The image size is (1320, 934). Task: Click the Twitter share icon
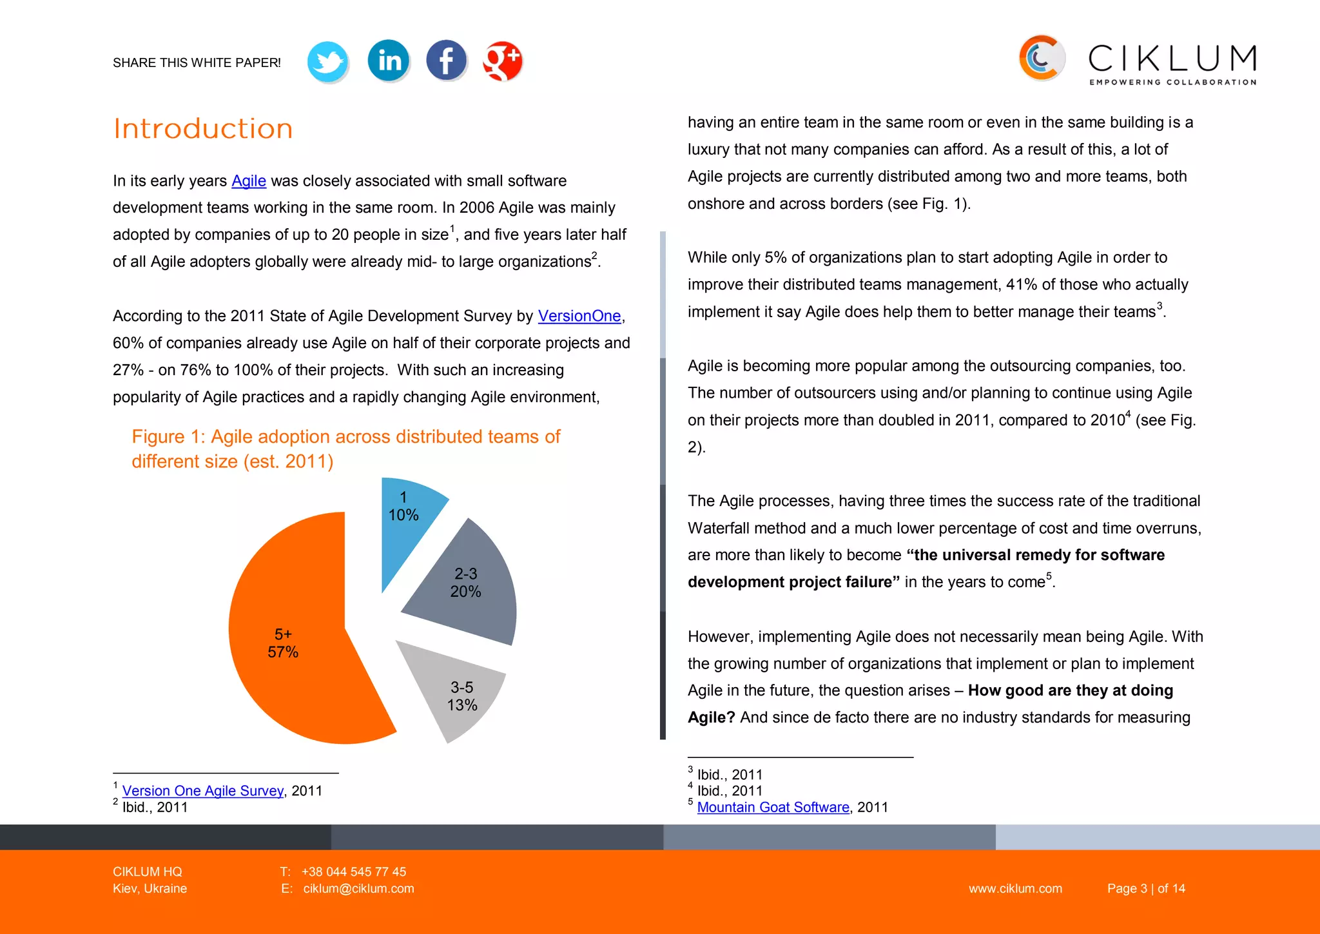328,62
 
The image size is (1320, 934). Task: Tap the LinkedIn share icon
389,61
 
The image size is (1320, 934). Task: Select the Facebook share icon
446,61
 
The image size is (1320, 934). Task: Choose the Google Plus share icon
503,61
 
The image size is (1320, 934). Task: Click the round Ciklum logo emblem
1041,59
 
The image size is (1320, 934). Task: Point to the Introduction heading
203,129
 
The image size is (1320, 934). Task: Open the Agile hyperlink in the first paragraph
249,181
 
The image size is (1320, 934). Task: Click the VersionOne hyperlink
579,316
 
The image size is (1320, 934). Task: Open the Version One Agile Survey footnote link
203,791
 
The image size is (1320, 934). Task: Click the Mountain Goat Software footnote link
773,807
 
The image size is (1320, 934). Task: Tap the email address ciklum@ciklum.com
358,888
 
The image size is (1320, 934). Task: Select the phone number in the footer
353,871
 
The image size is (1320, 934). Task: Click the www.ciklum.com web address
1015,888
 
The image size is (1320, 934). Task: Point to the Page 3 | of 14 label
1146,888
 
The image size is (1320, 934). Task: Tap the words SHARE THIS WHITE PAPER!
197,63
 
